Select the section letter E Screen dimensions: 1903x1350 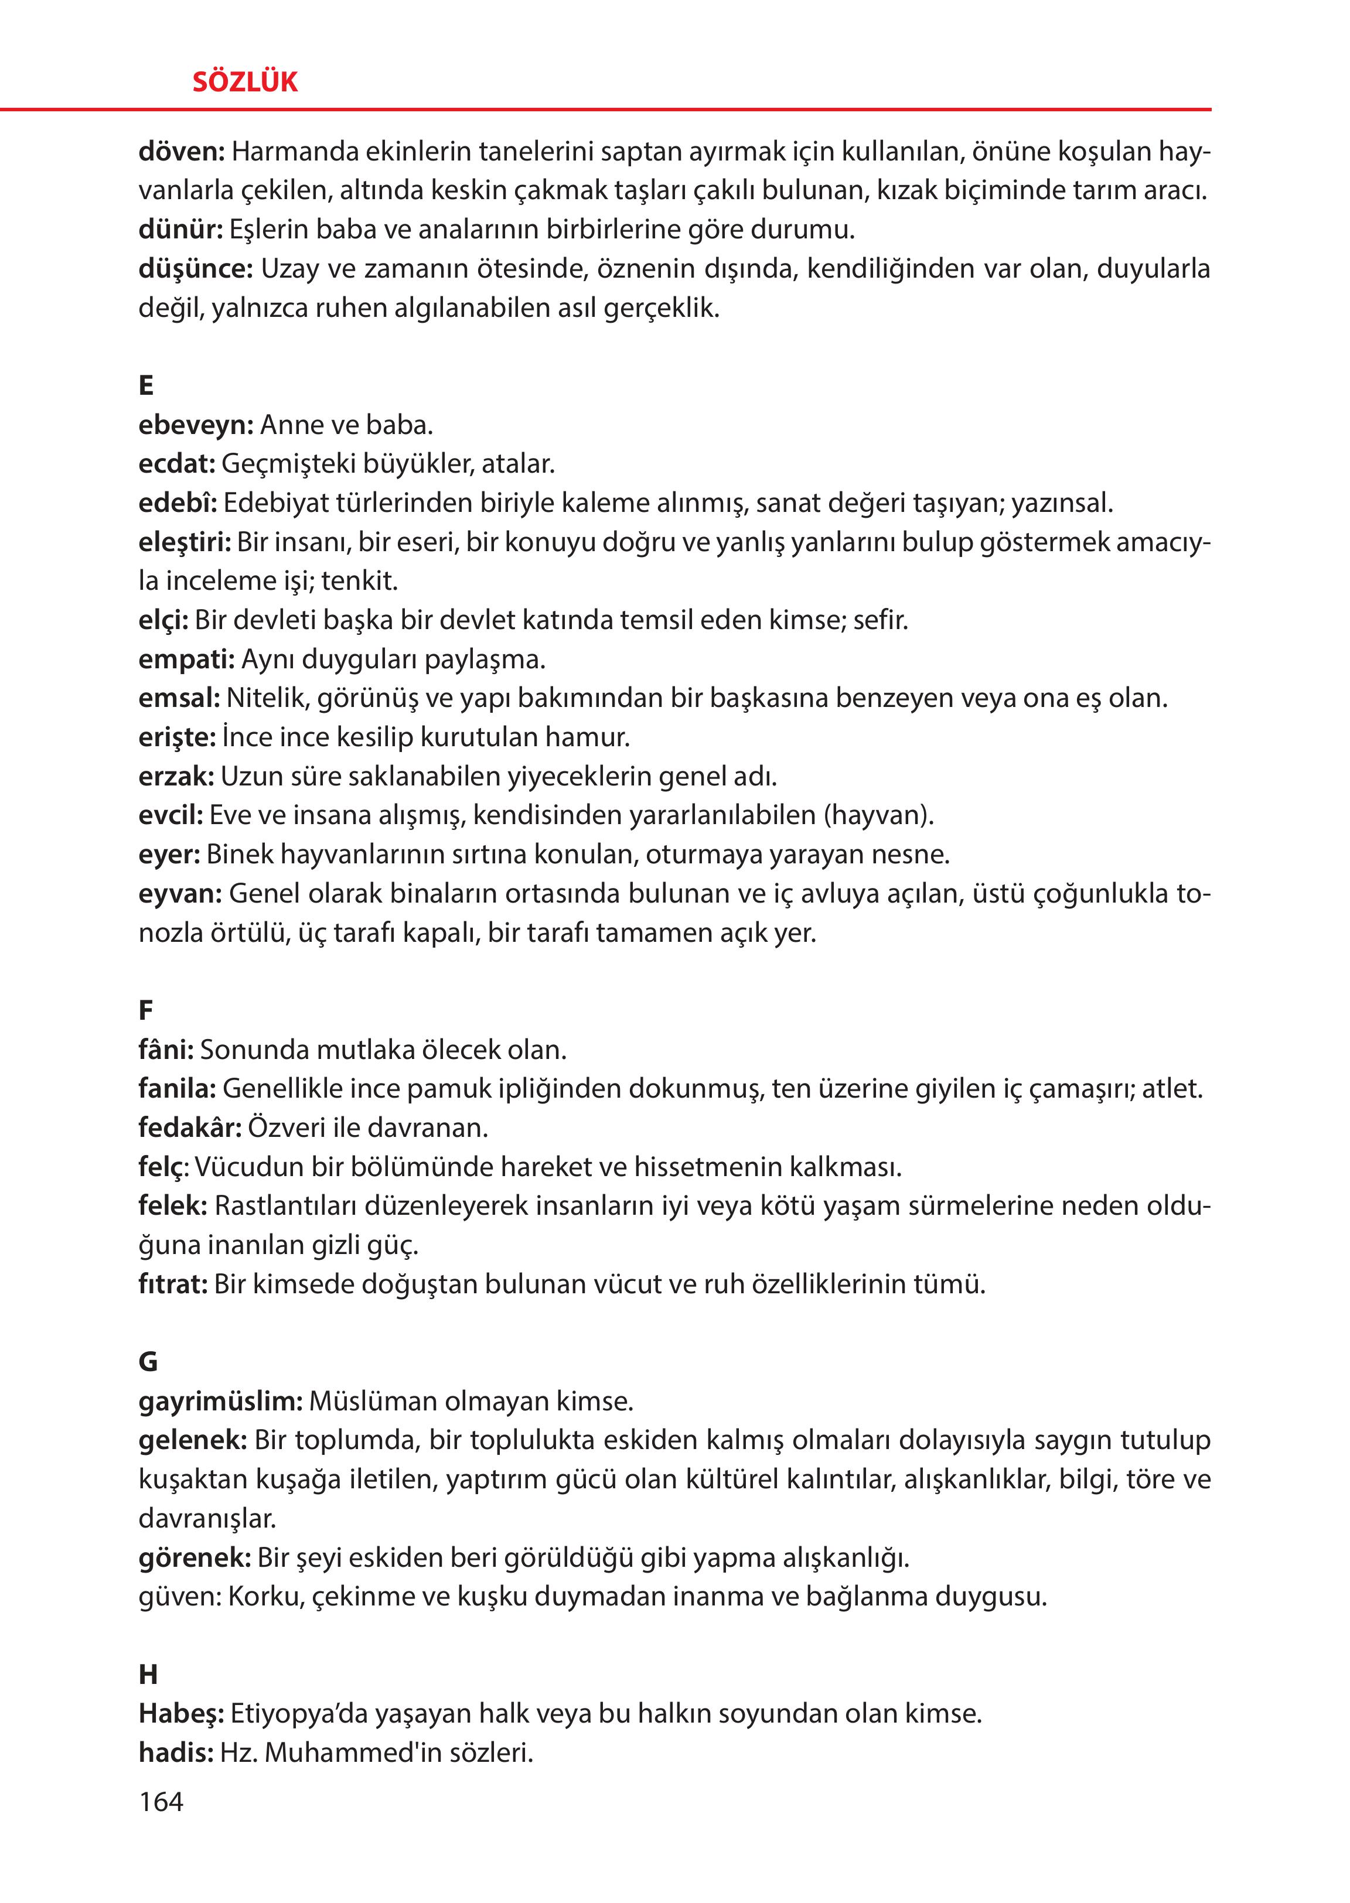(146, 385)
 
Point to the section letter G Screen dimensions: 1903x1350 (148, 1362)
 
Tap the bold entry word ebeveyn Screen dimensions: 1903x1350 (195, 425)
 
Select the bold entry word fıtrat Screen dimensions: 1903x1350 (172, 1284)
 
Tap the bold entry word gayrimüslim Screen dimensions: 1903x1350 (220, 1402)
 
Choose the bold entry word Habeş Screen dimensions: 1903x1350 (180, 1714)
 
